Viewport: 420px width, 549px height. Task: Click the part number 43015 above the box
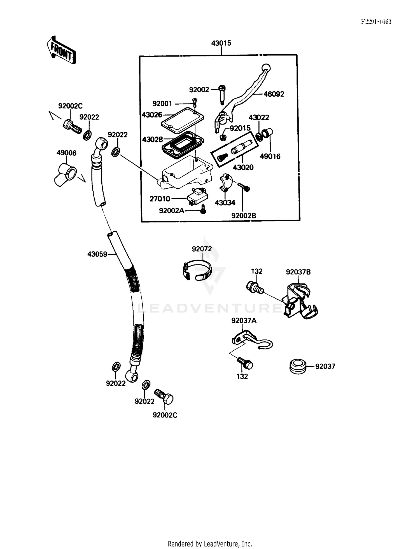(221, 43)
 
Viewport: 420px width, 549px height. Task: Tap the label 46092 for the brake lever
(274, 94)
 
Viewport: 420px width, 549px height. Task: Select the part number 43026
(152, 115)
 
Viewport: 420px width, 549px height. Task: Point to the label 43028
(152, 139)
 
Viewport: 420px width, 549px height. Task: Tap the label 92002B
(244, 216)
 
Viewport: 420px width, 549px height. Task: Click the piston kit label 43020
(243, 167)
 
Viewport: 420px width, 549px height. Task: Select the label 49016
(270, 156)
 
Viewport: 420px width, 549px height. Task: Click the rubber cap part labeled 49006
(65, 175)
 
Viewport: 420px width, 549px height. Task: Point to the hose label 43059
(97, 254)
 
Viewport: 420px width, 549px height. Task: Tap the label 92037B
(298, 272)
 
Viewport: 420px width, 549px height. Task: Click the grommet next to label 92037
(298, 366)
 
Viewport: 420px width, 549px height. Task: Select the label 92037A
(244, 321)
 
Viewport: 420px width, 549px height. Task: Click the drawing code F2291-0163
(376, 22)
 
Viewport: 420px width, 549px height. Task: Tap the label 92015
(240, 128)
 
